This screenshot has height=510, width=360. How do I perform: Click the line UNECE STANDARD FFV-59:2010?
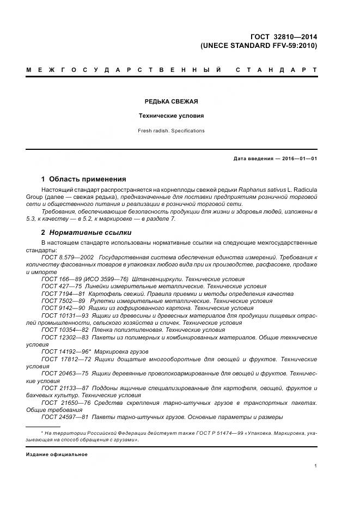click(x=259, y=46)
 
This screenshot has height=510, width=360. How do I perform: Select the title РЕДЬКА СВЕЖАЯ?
click(x=170, y=101)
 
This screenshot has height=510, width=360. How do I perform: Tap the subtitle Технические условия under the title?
click(x=170, y=116)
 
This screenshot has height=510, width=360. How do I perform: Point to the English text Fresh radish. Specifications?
click(x=170, y=131)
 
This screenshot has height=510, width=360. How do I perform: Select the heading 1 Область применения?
click(x=83, y=179)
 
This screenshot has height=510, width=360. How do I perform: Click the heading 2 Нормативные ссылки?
click(x=86, y=233)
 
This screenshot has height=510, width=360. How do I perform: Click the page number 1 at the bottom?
click(x=315, y=466)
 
